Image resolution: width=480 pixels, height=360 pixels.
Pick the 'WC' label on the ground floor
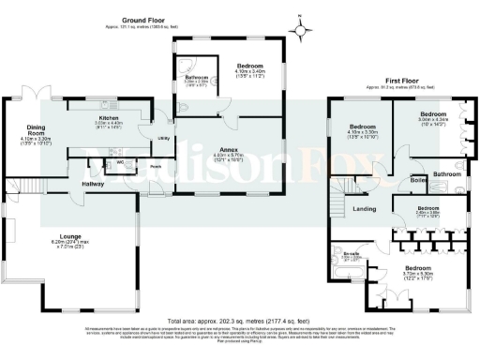121,161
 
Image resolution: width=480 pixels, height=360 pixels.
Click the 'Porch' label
155,169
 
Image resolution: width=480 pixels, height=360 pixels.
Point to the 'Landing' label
364,209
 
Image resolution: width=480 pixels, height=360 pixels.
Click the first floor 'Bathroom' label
446,174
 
